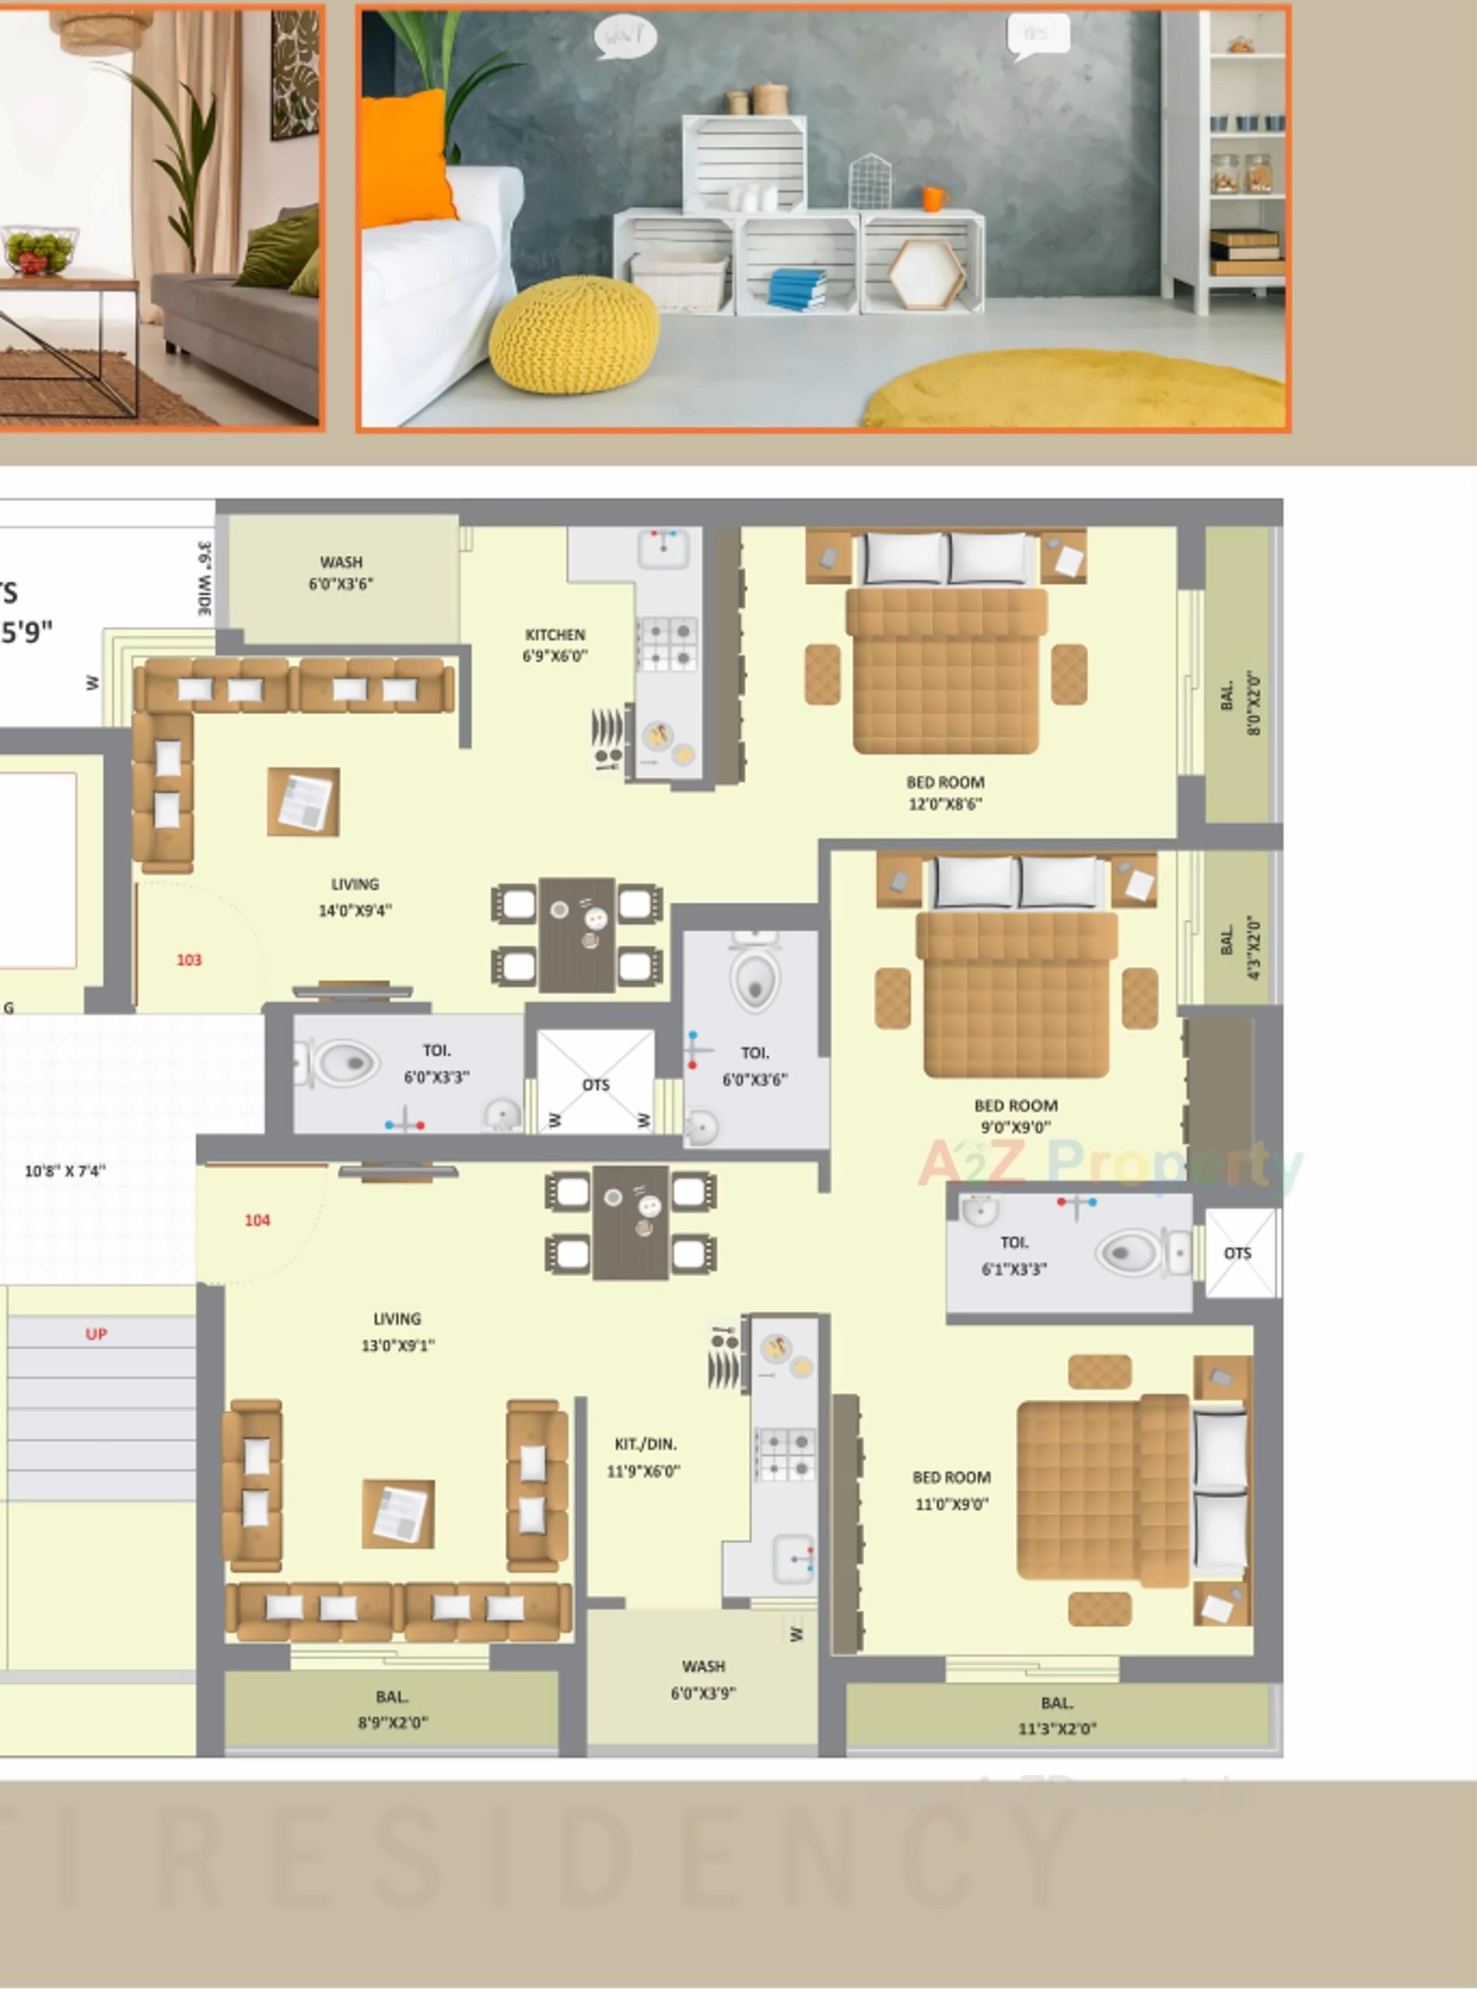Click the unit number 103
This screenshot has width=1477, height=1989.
click(188, 960)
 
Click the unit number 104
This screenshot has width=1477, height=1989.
click(257, 1220)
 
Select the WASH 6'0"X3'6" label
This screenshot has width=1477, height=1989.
click(340, 573)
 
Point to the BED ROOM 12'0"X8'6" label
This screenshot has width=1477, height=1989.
click(945, 793)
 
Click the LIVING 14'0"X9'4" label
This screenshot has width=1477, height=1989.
click(355, 898)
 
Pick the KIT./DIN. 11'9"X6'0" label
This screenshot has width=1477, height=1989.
click(644, 1458)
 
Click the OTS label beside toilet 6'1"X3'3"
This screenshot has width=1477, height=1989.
click(1237, 1253)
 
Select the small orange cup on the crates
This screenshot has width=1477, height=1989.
click(933, 198)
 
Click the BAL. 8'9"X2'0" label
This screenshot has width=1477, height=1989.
click(392, 1709)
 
